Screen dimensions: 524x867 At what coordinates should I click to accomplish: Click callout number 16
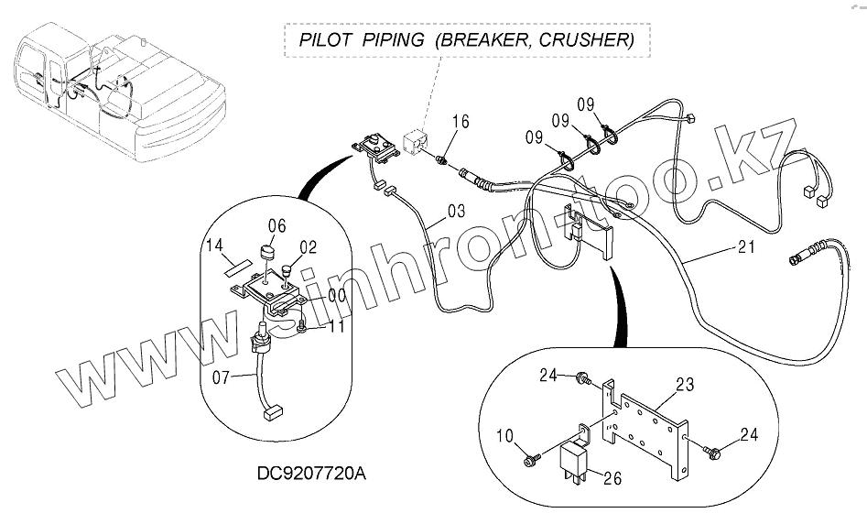[x=460, y=122]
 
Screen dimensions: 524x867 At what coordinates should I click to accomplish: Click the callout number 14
[x=214, y=246]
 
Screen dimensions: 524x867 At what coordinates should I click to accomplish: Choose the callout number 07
[x=222, y=377]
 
